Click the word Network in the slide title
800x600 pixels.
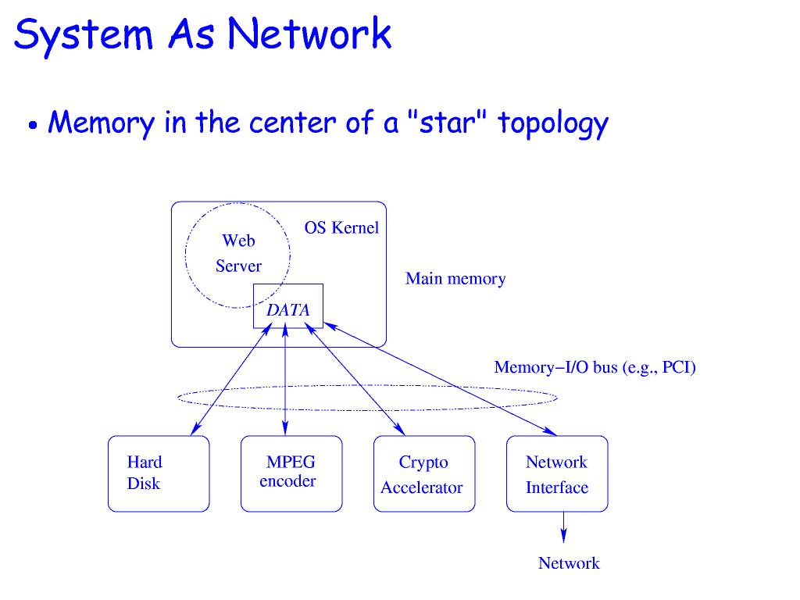click(311, 33)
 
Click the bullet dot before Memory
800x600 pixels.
click(34, 125)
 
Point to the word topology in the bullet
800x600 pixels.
click(553, 124)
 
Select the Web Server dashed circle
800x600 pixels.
click(237, 254)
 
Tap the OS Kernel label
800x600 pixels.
click(341, 228)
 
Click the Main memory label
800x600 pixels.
click(455, 279)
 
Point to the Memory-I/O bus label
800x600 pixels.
click(595, 367)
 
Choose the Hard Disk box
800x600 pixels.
click(159, 473)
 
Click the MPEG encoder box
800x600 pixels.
click(291, 473)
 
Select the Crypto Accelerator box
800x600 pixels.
click(423, 473)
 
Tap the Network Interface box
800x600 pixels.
click(557, 473)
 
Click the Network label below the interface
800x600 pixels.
click(569, 563)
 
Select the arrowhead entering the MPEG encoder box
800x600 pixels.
click(285, 429)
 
